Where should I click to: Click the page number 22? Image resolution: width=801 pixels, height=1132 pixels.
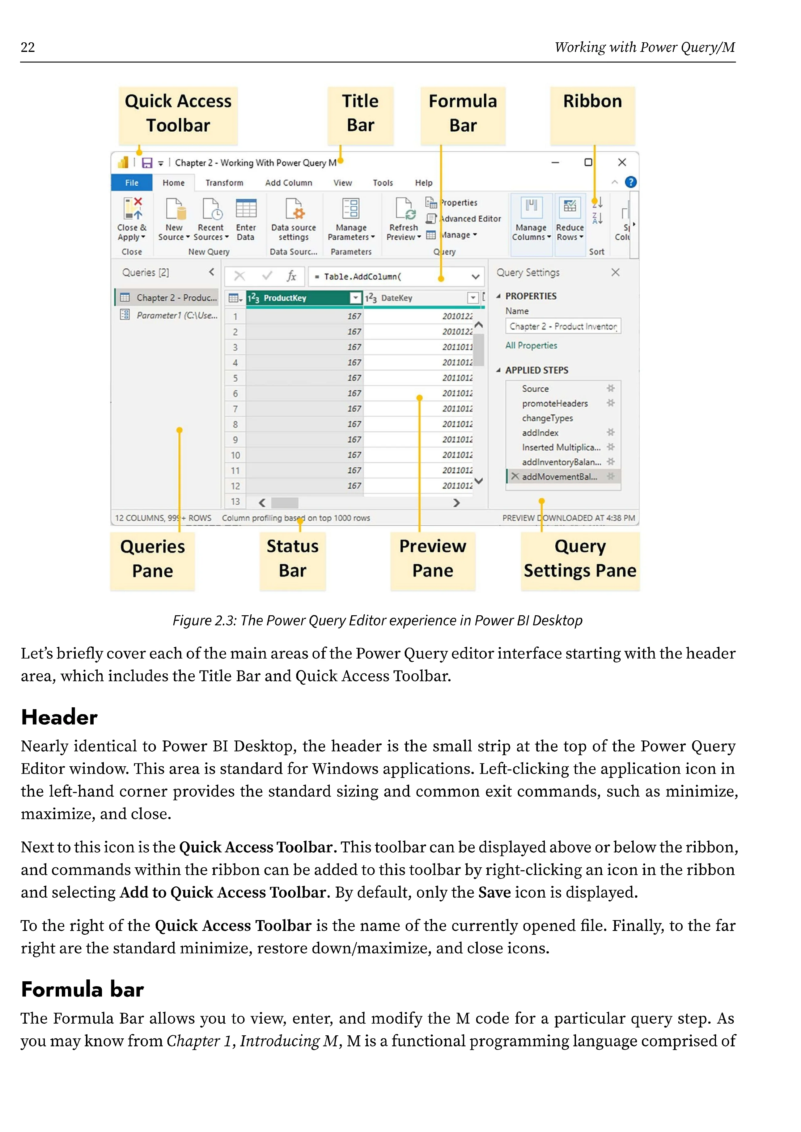tap(28, 47)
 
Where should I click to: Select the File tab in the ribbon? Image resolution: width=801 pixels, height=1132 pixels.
tap(132, 183)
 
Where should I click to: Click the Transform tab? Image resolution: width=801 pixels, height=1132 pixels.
tap(224, 183)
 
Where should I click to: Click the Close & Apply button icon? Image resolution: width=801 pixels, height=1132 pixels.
tap(132, 208)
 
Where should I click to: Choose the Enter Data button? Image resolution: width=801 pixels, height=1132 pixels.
tap(246, 218)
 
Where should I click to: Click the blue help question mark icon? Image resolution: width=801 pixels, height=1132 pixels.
tap(630, 183)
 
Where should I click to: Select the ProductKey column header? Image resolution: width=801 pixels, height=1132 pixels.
tap(285, 298)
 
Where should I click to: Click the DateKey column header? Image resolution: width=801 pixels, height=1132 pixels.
tap(396, 298)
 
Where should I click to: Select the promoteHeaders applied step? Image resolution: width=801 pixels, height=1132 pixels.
tap(555, 403)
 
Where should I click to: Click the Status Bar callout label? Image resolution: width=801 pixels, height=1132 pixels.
tap(292, 559)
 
